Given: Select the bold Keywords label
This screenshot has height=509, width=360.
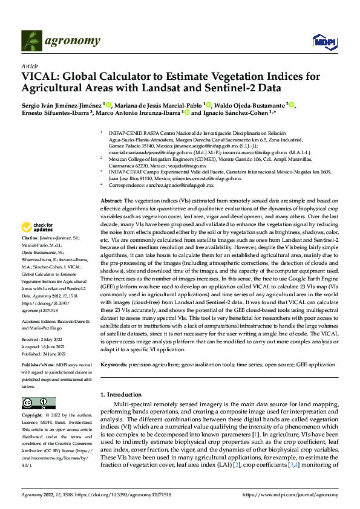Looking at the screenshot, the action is pos(113,365).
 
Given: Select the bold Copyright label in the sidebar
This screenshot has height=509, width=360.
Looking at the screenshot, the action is pos(33,415).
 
